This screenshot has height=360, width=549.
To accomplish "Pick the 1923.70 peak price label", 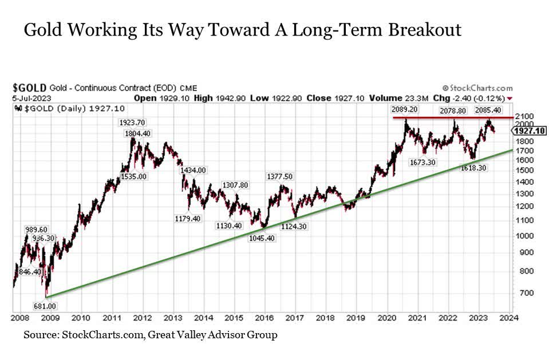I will coord(131,122).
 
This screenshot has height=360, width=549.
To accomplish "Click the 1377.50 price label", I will coord(279,176).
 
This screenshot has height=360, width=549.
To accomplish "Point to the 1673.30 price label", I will coord(423,163).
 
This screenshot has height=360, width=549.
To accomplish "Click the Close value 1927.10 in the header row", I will coord(351,98).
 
